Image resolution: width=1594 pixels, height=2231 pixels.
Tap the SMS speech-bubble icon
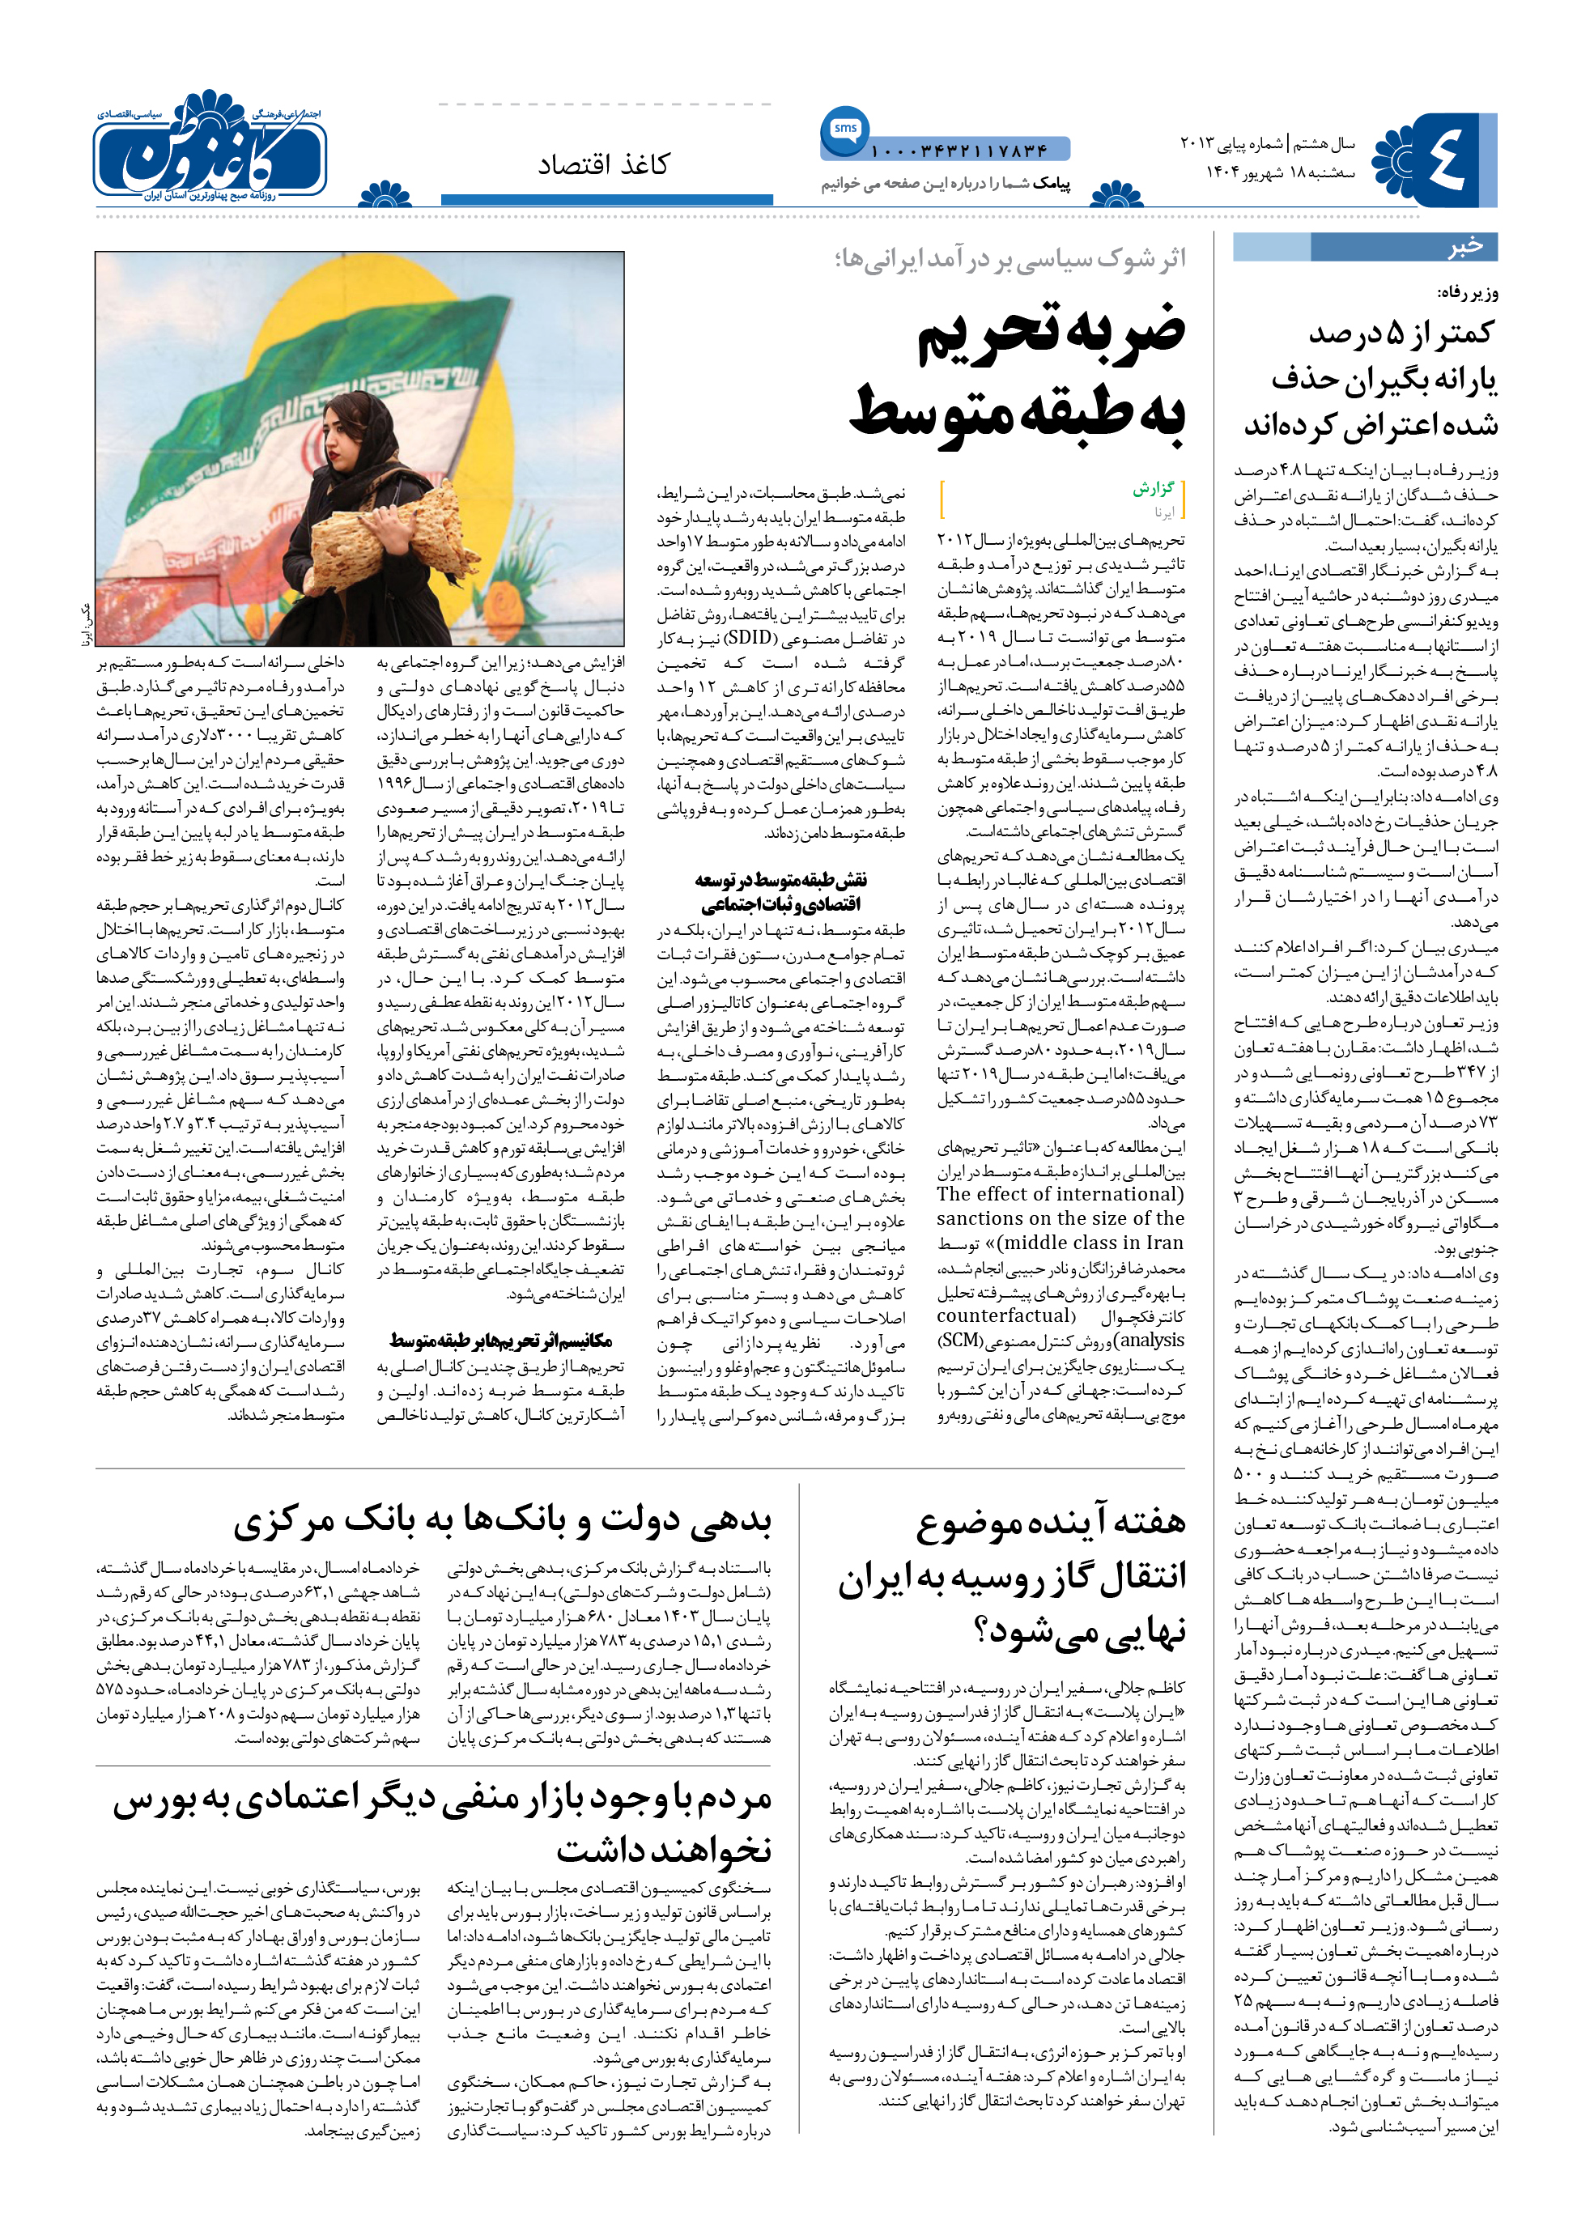click(844, 130)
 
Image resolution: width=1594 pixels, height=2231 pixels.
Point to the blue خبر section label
click(1464, 246)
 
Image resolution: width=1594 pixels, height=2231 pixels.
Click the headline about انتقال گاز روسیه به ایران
click(1011, 1576)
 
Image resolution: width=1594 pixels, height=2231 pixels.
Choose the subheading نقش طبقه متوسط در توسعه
click(780, 891)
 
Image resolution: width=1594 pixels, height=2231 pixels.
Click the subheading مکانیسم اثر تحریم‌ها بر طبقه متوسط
click(500, 1341)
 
